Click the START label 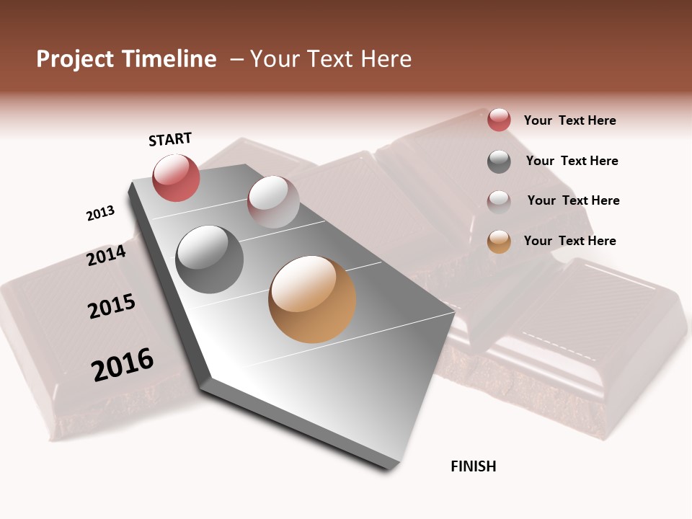170,139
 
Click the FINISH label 473,466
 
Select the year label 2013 100,213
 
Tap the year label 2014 106,255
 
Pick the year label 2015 112,306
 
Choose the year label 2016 123,365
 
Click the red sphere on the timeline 176,177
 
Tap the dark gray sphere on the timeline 210,259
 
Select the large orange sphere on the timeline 312,299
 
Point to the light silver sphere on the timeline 273,202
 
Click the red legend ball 499,120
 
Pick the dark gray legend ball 499,161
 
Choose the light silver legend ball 499,202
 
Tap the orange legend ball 499,241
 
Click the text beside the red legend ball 569,120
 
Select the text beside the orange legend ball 569,241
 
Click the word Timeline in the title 169,59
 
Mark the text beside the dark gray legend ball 572,161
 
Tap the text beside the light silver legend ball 573,200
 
